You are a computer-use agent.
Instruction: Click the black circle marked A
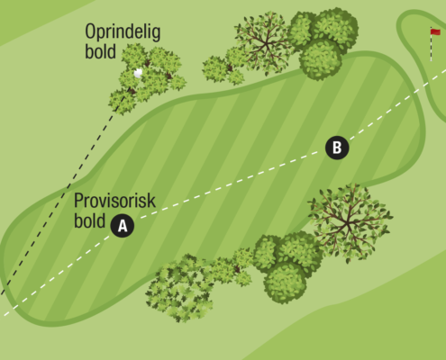(123, 226)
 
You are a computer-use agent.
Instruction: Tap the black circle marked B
(337, 148)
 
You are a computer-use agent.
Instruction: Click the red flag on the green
(435, 31)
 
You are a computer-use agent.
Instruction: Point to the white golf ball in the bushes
(138, 73)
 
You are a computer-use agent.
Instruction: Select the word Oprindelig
(123, 32)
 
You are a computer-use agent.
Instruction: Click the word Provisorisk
(114, 201)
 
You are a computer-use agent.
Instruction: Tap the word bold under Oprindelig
(100, 51)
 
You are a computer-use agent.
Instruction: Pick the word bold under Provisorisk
(89, 220)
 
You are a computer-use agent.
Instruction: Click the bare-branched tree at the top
(264, 43)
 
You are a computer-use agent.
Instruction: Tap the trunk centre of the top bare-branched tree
(267, 45)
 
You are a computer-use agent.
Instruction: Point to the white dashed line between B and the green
(397, 104)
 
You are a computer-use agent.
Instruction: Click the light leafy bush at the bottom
(179, 289)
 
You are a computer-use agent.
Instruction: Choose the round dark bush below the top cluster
(320, 58)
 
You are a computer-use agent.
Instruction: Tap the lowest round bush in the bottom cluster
(285, 282)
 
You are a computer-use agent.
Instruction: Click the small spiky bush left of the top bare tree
(223, 70)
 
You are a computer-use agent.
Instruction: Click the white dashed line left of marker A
(57, 276)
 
